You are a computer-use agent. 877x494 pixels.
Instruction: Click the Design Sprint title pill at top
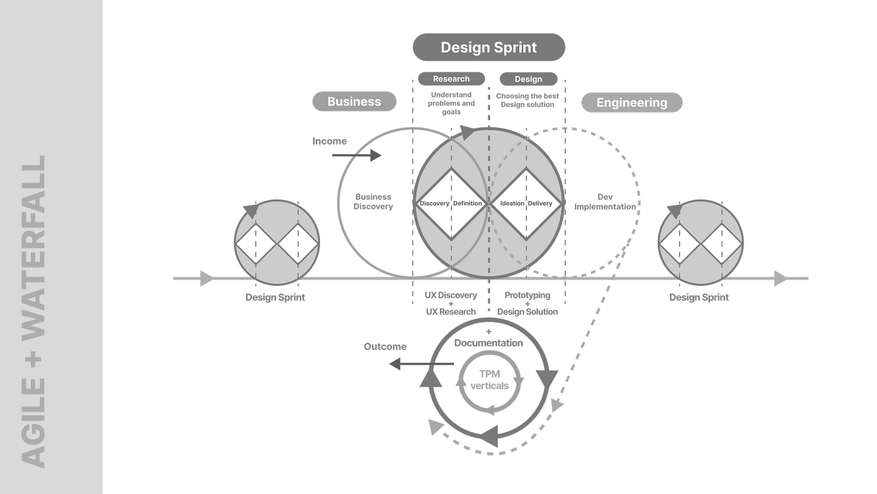click(x=489, y=47)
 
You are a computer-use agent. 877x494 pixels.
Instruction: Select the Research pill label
click(x=451, y=79)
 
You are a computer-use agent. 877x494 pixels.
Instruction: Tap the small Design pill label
click(x=528, y=79)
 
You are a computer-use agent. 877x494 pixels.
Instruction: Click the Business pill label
click(x=354, y=102)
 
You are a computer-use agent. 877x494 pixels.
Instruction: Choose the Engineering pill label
click(x=632, y=102)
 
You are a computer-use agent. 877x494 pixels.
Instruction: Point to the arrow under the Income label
click(x=356, y=156)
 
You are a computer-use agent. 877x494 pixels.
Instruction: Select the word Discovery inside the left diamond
click(x=434, y=204)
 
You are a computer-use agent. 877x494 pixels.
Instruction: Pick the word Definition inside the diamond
click(x=467, y=204)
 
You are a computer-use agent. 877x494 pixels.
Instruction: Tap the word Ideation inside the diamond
click(x=512, y=204)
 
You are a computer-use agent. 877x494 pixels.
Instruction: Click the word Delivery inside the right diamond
click(x=540, y=204)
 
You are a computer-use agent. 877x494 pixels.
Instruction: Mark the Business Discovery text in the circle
click(x=373, y=202)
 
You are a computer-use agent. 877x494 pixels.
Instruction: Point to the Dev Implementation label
click(x=605, y=202)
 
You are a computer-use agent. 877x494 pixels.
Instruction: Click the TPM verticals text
click(x=489, y=380)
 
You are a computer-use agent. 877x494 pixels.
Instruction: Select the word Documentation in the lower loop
click(x=488, y=343)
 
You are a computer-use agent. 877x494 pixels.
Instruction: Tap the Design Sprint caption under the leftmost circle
click(x=275, y=297)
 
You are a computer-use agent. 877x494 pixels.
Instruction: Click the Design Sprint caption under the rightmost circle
click(x=699, y=297)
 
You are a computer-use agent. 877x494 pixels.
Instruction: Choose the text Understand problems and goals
click(x=451, y=103)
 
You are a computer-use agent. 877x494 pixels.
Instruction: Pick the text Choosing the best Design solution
click(x=528, y=100)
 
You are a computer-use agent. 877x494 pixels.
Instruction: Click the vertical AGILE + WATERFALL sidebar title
click(x=34, y=311)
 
